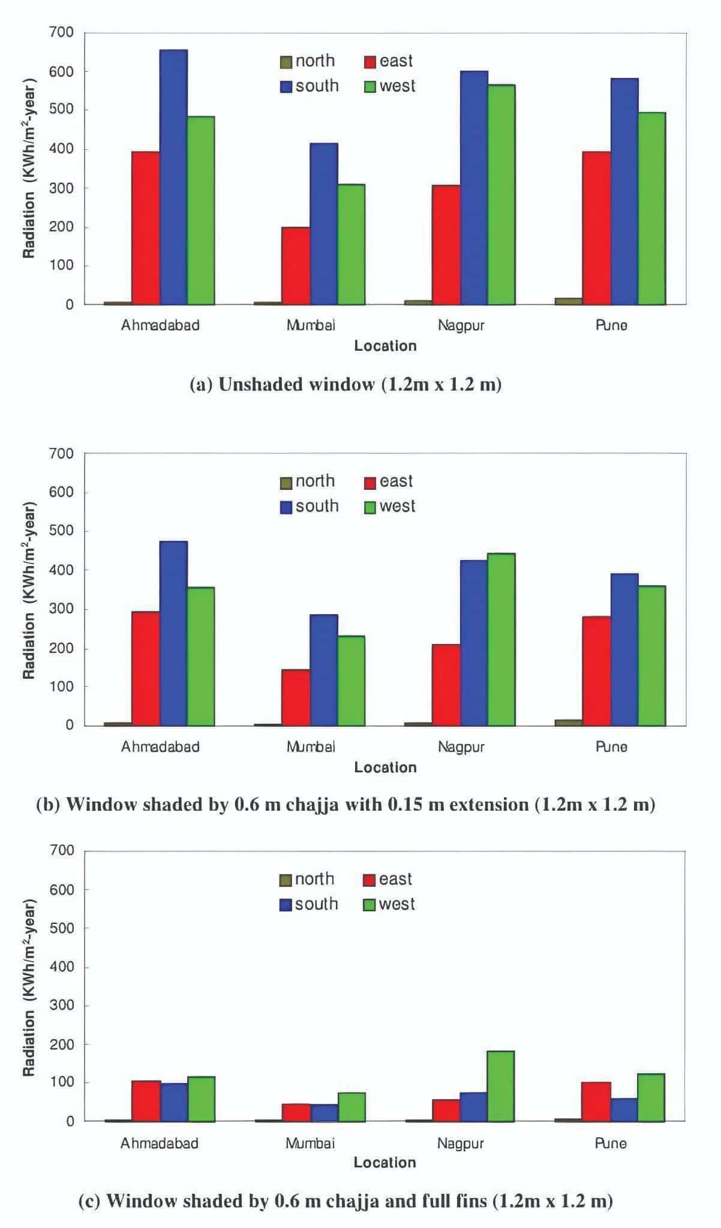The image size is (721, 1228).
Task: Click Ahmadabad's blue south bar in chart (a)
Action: [173, 177]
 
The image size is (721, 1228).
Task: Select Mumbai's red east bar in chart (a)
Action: [296, 266]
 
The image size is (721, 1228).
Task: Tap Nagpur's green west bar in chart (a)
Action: [501, 195]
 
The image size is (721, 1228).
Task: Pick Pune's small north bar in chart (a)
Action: [568, 301]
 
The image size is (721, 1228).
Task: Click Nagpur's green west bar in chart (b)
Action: [501, 639]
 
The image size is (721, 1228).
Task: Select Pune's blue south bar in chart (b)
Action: [624, 649]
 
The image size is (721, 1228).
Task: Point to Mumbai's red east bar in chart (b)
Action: [296, 697]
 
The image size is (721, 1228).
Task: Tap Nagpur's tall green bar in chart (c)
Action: [500, 1086]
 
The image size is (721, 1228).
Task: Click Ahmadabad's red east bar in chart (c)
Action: [146, 1101]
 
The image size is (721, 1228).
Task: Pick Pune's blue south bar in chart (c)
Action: [624, 1109]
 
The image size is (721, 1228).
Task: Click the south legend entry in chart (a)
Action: [310, 86]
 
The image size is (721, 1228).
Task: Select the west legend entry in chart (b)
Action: [390, 507]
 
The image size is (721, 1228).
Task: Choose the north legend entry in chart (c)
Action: [307, 879]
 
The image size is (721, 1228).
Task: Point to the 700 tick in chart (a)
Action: [62, 32]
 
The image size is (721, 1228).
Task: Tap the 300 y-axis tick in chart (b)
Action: [62, 609]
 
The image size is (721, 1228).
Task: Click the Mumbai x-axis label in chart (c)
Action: [310, 1143]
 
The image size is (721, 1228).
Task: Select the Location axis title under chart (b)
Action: [385, 767]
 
